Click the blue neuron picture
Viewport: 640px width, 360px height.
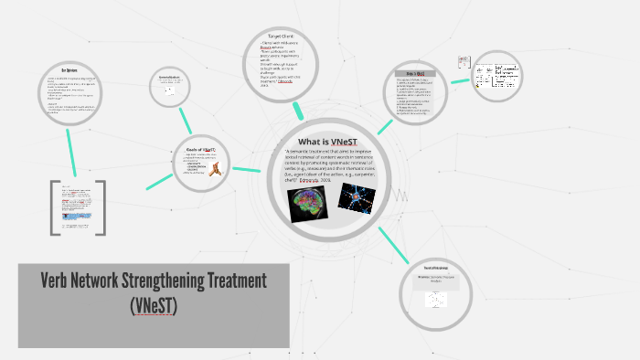click(x=357, y=197)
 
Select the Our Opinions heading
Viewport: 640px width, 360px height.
click(x=69, y=70)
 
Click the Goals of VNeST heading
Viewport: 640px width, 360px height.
click(x=199, y=147)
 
